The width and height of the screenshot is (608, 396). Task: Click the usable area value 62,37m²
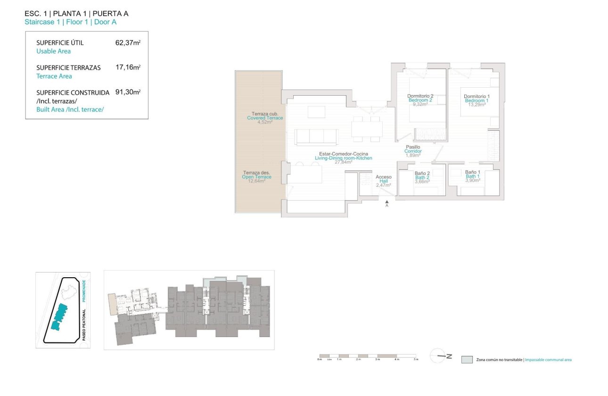[128, 42]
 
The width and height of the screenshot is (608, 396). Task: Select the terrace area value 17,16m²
[128, 67]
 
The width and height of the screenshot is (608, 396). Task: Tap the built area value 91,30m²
[128, 92]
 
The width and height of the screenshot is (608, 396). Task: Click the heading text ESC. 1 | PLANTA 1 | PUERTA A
[76, 13]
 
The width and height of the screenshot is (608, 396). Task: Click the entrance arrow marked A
[386, 203]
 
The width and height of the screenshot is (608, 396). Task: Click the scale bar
[368, 355]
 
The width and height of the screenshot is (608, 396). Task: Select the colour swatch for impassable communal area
[467, 360]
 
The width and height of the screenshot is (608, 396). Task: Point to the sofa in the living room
[316, 137]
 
